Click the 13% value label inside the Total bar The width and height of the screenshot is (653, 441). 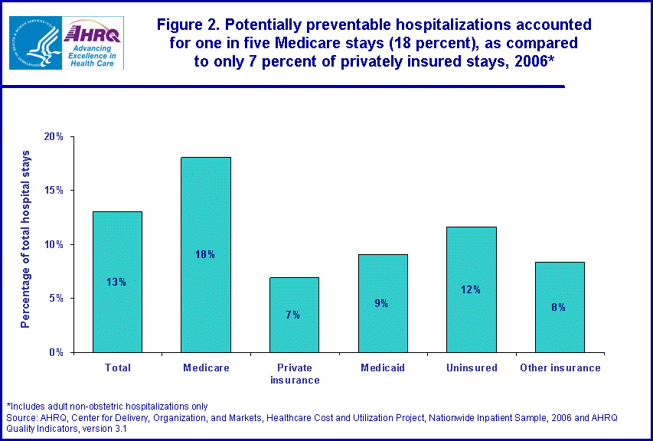click(117, 282)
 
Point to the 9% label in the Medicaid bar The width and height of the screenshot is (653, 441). click(382, 303)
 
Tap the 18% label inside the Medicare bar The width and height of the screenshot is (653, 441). click(206, 254)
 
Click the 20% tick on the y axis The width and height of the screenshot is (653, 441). click(54, 137)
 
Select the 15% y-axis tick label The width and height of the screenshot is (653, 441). click(54, 191)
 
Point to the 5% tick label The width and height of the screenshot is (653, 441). click(57, 299)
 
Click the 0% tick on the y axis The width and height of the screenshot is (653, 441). click(57, 352)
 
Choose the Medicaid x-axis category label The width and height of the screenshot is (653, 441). click(382, 368)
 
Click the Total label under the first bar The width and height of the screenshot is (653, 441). click(117, 368)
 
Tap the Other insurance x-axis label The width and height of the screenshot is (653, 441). click(560, 368)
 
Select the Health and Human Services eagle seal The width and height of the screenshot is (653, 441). click(34, 43)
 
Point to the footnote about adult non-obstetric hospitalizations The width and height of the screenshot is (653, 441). click(107, 406)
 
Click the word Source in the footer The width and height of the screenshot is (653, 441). click(21, 417)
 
